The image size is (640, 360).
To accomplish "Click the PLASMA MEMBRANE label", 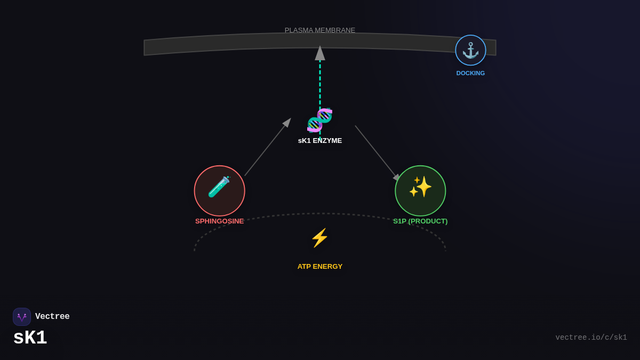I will (320, 30).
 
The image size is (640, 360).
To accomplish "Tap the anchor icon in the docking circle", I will (470, 50).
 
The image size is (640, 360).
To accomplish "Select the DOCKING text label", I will (470, 73).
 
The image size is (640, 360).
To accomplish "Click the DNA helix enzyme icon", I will (319, 120).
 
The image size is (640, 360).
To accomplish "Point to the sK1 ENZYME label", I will (320, 141).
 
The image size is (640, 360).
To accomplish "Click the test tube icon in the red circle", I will (219, 187).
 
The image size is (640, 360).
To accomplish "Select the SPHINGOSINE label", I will (219, 221).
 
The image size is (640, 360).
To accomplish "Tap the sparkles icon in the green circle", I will (420, 187).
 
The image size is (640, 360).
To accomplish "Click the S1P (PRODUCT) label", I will (420, 221).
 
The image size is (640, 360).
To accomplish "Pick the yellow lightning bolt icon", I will (319, 238).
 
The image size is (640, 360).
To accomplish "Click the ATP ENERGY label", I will (320, 267).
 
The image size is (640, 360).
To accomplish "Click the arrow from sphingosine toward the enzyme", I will (267, 148).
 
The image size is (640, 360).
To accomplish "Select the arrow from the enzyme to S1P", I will (377, 152).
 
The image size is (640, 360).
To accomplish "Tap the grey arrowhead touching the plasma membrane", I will (320, 53).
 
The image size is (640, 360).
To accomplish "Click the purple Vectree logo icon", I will (22, 317).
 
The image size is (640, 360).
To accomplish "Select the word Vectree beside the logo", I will (52, 317).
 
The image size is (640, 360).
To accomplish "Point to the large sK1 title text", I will (30, 338).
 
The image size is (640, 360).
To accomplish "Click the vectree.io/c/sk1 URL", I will (591, 338).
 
